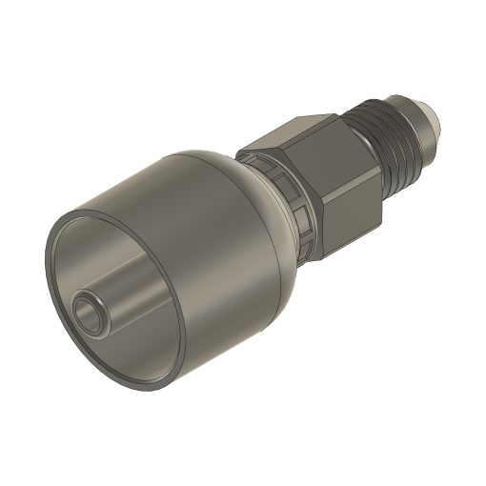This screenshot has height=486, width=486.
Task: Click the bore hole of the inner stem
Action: tap(89, 311)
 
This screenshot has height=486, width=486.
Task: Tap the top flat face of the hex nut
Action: tap(295, 133)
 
